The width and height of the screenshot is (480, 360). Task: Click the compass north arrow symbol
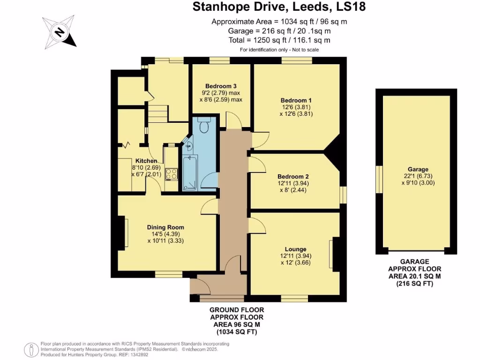click(x=59, y=32)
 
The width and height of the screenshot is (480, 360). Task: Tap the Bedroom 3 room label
click(x=220, y=86)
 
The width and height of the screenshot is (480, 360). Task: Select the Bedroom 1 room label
click(x=296, y=100)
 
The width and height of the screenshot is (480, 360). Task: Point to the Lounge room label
click(x=295, y=249)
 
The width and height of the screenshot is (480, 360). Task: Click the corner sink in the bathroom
click(x=188, y=145)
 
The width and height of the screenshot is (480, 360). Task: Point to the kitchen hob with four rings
click(x=172, y=174)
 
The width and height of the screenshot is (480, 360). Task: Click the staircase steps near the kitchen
click(x=158, y=113)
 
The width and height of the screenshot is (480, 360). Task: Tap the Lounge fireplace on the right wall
click(x=335, y=255)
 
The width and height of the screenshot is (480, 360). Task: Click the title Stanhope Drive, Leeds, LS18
click(x=279, y=7)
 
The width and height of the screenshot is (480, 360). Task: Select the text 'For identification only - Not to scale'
click(x=279, y=50)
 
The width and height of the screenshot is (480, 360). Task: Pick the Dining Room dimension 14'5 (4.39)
click(x=164, y=234)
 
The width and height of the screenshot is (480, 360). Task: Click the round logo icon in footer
click(x=31, y=349)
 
